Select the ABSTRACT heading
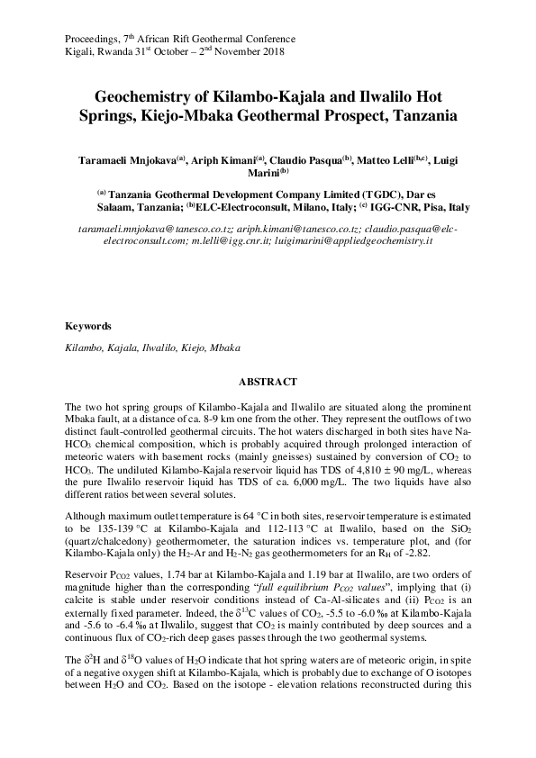tap(268, 381)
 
